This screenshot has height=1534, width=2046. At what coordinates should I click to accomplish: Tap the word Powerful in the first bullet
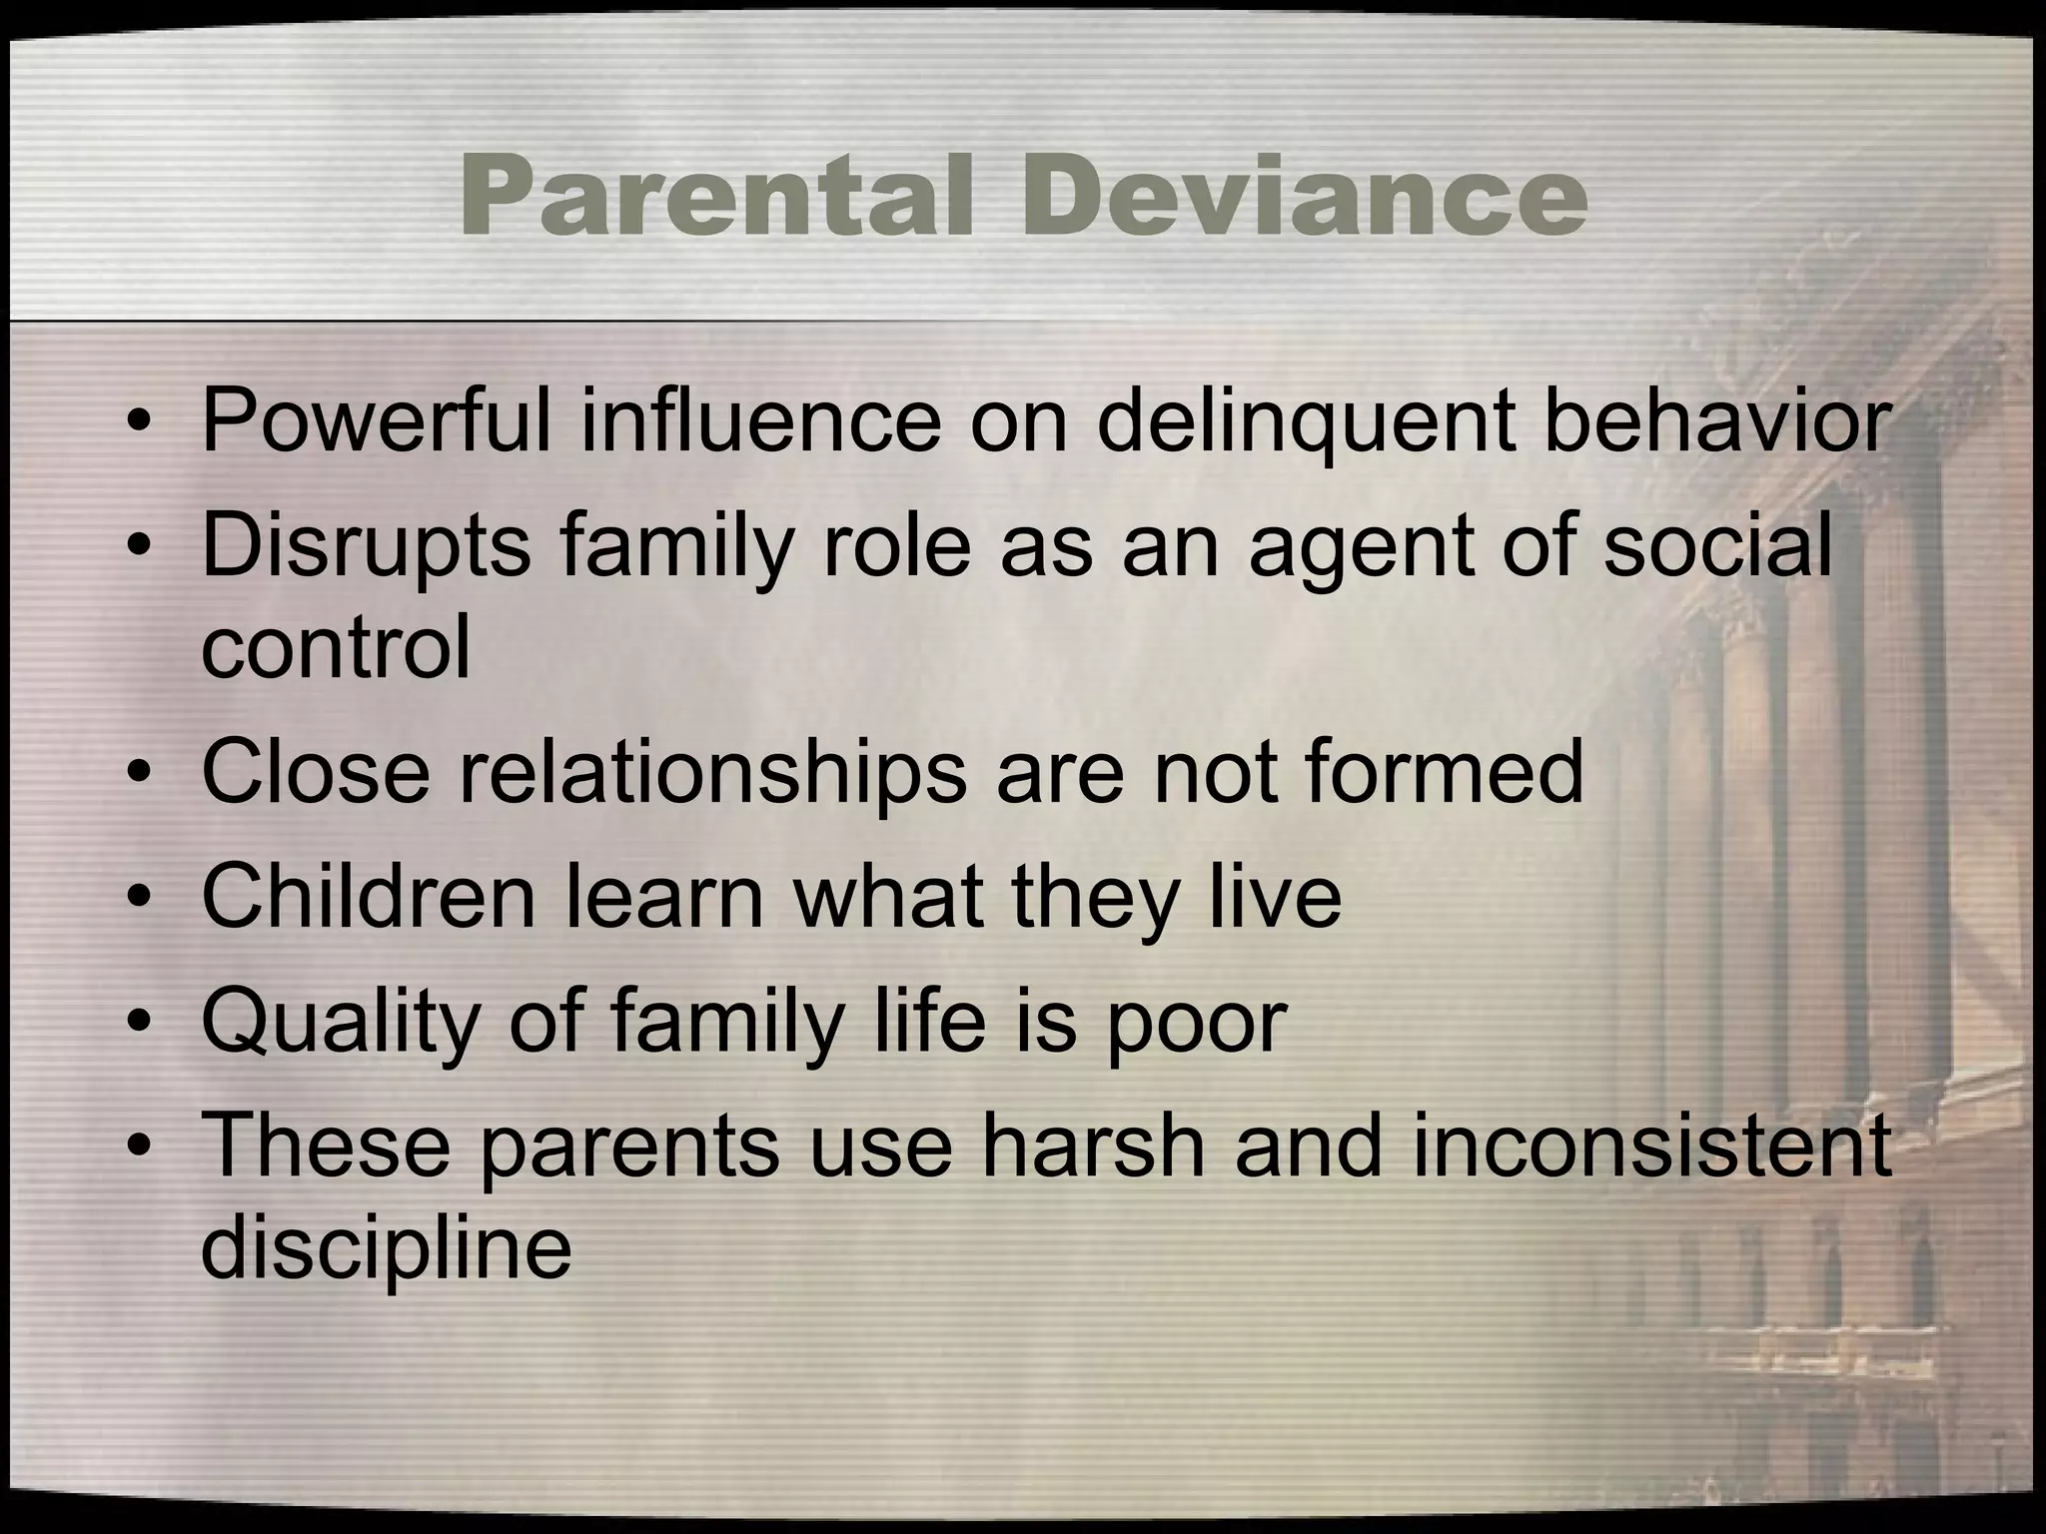tap(375, 422)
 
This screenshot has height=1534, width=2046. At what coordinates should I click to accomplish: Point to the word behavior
tap(1715, 422)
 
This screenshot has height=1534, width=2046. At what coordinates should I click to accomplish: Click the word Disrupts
tap(366, 548)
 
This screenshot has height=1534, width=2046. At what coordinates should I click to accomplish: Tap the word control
tap(336, 646)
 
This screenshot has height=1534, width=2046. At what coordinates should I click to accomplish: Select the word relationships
tap(712, 774)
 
